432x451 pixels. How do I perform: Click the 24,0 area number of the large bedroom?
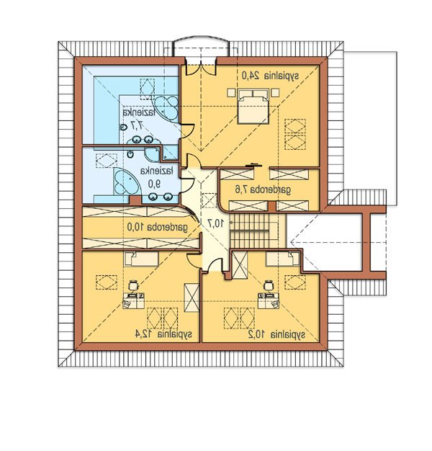[251, 76]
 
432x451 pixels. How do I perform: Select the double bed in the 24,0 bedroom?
[253, 107]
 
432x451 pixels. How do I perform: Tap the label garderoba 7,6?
[263, 189]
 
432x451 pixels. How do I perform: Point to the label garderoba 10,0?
[158, 227]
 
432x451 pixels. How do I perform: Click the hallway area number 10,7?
[215, 223]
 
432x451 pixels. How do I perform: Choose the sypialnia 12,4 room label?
[163, 334]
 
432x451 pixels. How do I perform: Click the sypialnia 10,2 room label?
[276, 334]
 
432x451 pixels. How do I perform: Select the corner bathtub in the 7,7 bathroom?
[167, 108]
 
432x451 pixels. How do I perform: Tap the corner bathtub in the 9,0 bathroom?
[125, 182]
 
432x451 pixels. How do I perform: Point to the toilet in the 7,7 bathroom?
[123, 127]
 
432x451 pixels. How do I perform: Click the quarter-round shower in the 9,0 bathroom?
[151, 155]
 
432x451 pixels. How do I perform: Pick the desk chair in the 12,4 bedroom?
[133, 285]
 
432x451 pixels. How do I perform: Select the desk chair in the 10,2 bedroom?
[268, 285]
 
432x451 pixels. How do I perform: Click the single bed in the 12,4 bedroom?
[141, 259]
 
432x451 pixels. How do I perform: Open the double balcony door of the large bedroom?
[201, 67]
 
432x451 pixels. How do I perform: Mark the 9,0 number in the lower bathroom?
[154, 184]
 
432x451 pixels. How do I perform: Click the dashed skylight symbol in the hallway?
[209, 200]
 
